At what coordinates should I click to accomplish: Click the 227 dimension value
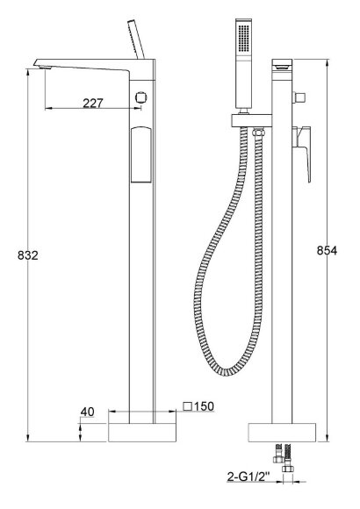[x=92, y=104]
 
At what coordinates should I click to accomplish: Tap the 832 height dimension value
[x=27, y=255]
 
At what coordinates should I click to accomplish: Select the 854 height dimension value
[x=327, y=251]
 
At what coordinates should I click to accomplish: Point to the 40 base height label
[x=88, y=412]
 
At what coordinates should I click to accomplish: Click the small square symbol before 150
[x=188, y=406]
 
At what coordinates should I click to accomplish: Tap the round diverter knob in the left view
[x=140, y=97]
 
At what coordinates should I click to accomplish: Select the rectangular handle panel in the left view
[x=141, y=154]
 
